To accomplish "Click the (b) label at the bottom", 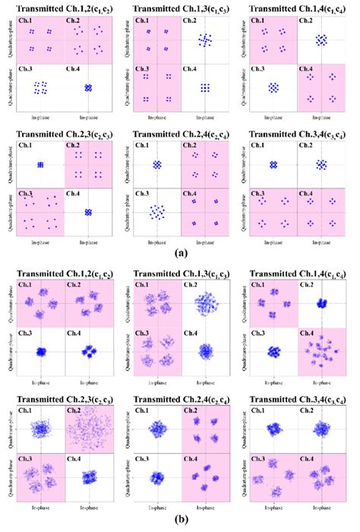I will [x=181, y=524].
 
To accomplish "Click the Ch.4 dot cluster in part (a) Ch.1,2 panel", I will [x=88, y=88].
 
